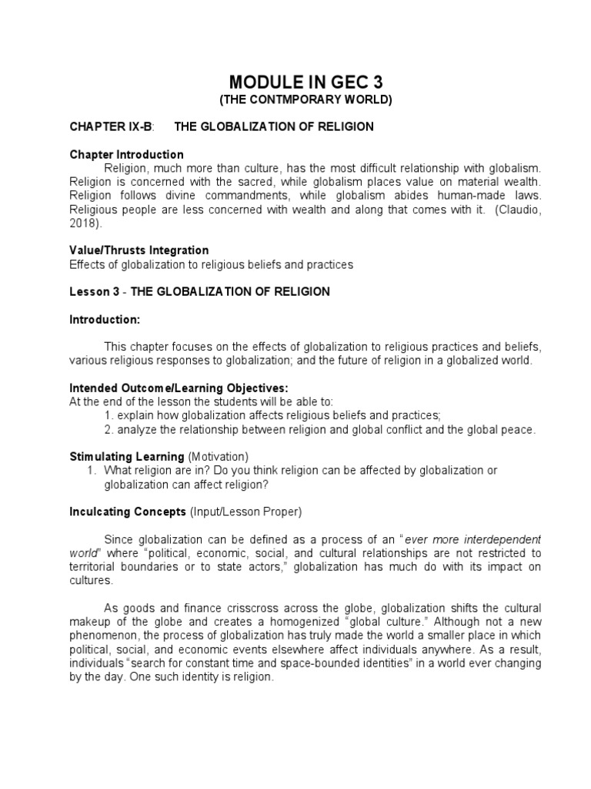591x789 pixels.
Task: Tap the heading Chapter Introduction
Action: click(x=126, y=155)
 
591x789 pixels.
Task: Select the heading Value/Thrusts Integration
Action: click(x=139, y=250)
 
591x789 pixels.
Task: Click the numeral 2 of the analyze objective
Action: click(x=107, y=429)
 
